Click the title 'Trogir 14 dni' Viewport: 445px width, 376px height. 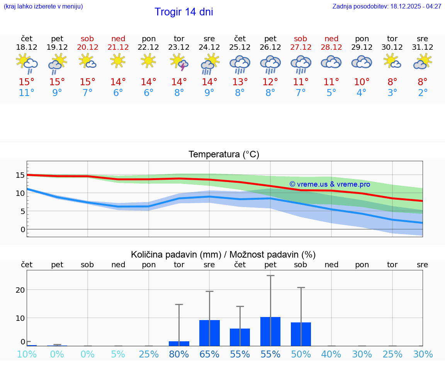coord(183,12)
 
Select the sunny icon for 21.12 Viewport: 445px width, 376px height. coord(118,61)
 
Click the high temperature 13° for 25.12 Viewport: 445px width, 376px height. coord(240,82)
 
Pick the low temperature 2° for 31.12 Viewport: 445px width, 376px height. coord(423,93)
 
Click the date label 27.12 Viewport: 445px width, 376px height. coord(301,47)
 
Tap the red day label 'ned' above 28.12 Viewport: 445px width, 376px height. coord(331,39)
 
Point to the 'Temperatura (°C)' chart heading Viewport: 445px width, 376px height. coord(224,154)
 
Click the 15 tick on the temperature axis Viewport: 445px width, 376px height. coord(20,175)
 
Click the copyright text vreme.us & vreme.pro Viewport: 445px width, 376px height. coord(330,184)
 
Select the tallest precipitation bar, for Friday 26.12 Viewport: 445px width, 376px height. coord(270,331)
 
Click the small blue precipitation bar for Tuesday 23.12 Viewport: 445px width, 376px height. coord(179,344)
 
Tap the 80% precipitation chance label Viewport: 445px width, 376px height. coord(179,354)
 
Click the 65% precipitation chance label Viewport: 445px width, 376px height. coord(209,354)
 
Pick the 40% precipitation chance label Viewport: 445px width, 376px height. coord(331,354)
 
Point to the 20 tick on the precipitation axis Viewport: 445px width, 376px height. coord(20,290)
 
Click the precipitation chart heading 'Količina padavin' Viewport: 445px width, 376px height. coord(176,255)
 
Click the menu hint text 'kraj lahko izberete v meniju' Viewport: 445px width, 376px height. coord(43,6)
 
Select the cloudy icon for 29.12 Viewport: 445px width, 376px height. coord(362,62)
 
